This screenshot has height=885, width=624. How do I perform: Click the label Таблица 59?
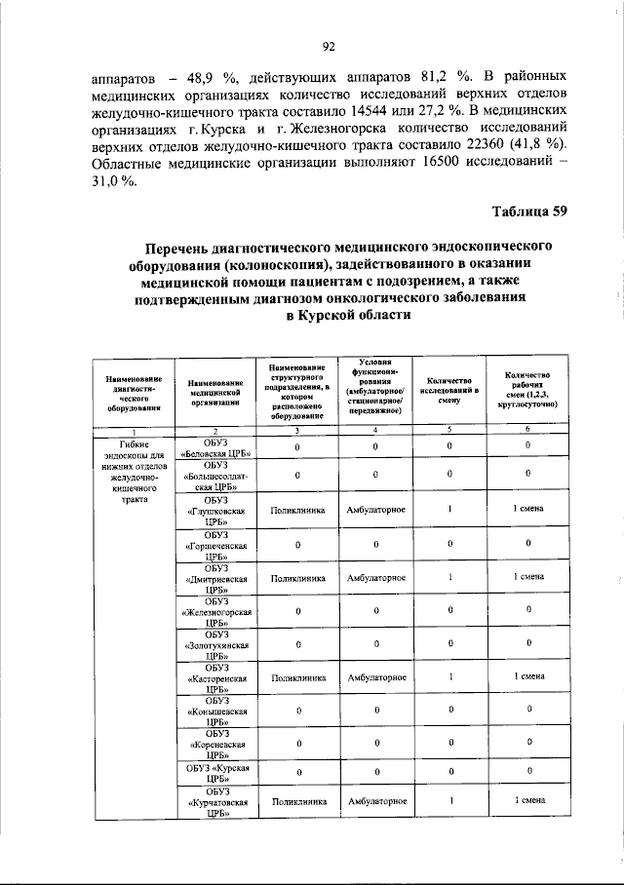[527, 212]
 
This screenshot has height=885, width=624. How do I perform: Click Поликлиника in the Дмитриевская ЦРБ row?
[297, 577]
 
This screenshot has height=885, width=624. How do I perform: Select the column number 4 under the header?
[375, 430]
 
